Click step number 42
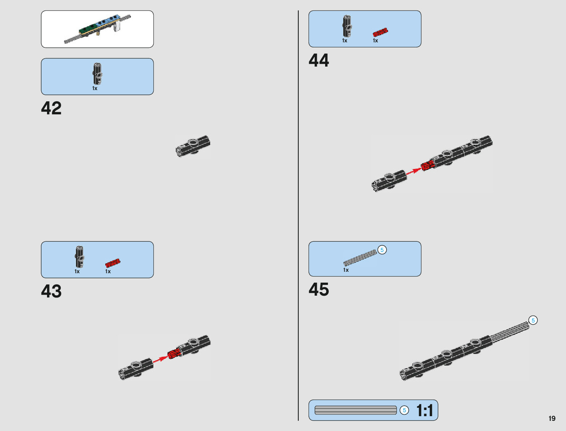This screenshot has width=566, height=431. (51, 108)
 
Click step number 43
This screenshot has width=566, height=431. (51, 291)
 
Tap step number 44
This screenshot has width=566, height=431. (319, 60)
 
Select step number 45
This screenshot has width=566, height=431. (319, 290)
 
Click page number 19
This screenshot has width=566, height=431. (552, 418)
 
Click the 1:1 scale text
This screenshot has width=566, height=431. (425, 410)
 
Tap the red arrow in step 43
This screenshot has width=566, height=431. (159, 359)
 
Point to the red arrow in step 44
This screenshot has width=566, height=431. (413, 171)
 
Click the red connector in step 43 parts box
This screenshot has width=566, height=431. (113, 263)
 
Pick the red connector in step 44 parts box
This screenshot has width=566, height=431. (380, 32)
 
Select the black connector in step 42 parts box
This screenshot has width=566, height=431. (97, 74)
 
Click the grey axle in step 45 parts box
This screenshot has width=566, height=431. (360, 257)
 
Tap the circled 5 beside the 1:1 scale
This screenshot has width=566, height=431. (404, 410)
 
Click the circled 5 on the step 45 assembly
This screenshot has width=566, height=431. (533, 320)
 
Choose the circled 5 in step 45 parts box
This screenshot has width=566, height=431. (382, 250)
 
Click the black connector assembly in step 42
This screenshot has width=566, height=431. (193, 146)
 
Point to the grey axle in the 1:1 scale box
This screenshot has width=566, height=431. (356, 410)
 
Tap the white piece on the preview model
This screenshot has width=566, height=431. (116, 26)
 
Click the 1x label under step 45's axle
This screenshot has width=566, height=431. (346, 270)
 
